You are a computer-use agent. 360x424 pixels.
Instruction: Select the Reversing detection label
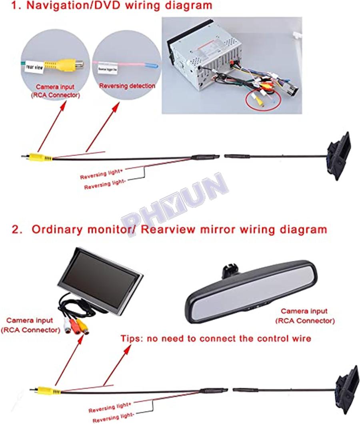pos(127,86)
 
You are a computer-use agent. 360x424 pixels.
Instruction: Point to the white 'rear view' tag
pos(34,68)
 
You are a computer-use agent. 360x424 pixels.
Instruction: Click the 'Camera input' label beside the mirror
pos(304,311)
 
